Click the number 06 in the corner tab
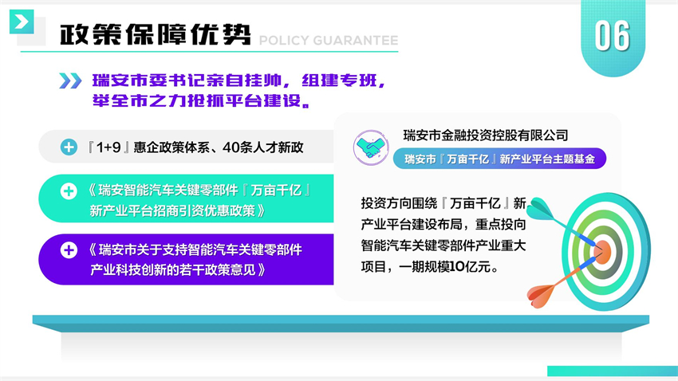tap(613, 36)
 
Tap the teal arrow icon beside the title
tap(22, 22)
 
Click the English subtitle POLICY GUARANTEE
tap(329, 41)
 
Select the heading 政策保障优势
tap(156, 34)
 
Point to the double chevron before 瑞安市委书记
tap(70, 81)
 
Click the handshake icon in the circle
tap(371, 147)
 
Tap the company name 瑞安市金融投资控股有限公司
tap(486, 136)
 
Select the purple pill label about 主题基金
tap(499, 159)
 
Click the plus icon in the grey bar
tap(69, 147)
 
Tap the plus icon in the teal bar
tap(69, 191)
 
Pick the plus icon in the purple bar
tap(69, 250)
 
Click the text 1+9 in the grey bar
tap(108, 147)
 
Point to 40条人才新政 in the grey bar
tap(263, 147)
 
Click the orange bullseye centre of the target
tap(602, 252)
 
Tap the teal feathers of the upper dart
tap(540, 208)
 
